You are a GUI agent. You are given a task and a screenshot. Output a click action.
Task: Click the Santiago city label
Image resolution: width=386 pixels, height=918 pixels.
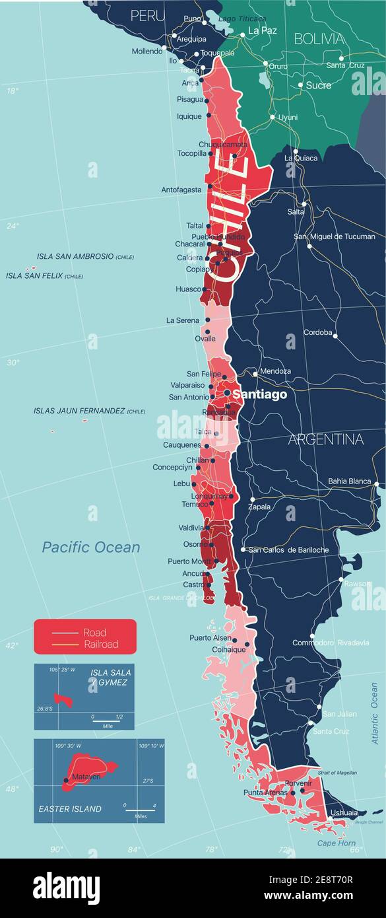click(260, 394)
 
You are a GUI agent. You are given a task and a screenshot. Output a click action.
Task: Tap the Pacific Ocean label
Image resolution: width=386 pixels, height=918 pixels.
click(91, 547)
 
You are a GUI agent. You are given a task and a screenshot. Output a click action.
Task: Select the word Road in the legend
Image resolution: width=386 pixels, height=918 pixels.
click(94, 633)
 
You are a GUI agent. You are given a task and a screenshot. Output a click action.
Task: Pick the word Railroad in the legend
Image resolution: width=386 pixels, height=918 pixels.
click(101, 644)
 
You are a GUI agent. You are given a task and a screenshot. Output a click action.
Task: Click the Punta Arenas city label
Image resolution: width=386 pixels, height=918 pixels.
click(265, 793)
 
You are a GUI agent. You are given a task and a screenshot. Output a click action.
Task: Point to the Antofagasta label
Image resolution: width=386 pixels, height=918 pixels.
click(181, 190)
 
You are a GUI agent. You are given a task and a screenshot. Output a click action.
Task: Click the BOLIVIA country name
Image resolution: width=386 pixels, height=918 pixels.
click(319, 38)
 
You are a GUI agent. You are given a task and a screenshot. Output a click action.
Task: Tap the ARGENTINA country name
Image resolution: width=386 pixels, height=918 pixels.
click(325, 439)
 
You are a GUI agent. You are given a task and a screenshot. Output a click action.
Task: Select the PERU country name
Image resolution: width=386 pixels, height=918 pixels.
click(147, 16)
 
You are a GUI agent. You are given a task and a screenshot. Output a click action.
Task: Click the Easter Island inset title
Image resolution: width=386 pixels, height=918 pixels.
click(70, 808)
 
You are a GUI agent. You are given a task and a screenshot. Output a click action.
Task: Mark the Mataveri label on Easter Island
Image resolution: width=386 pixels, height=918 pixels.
click(86, 777)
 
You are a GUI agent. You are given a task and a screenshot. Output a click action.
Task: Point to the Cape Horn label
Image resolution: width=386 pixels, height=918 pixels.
click(336, 843)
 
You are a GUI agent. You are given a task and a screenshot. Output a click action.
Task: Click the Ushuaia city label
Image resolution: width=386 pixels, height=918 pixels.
click(343, 813)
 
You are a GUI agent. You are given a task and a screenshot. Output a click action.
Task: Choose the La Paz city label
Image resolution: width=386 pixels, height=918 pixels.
click(262, 30)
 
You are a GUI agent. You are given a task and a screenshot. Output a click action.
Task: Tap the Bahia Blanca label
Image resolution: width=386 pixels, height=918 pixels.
click(350, 481)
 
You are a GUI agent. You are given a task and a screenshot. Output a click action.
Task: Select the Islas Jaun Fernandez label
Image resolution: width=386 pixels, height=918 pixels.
click(79, 411)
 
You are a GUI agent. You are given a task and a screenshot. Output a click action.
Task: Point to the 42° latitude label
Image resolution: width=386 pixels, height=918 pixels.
click(13, 645)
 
